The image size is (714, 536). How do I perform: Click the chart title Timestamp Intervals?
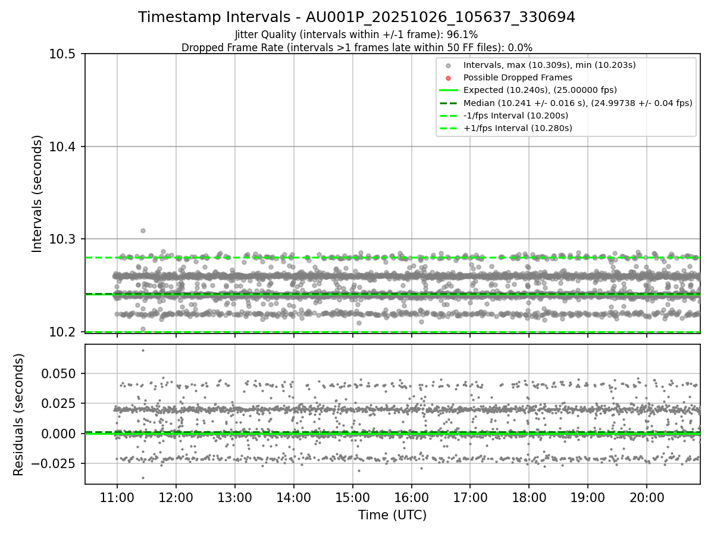point(356,17)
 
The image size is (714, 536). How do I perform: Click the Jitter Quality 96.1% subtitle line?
point(356,35)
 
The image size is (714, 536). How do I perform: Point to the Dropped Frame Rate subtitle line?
point(356,47)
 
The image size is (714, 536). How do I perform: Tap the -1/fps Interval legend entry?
point(515,115)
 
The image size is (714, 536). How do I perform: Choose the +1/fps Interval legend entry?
point(517,127)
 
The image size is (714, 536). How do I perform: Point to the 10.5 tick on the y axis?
point(64,54)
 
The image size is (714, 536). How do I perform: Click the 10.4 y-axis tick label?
point(64,147)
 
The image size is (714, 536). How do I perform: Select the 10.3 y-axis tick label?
point(64,239)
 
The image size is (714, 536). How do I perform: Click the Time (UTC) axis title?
point(392,515)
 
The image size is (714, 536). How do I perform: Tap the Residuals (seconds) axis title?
point(19,415)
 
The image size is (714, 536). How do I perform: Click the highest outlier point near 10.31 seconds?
point(143,230)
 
